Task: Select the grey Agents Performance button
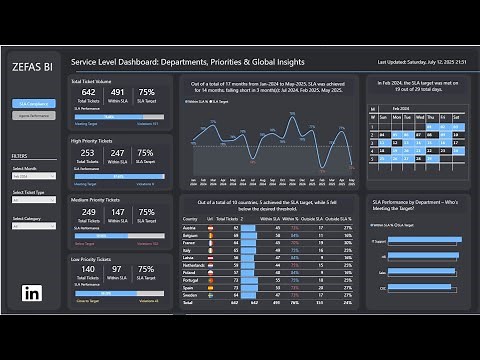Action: point(33,116)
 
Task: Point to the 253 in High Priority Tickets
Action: point(87,153)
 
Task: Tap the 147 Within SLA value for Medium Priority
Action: point(117,212)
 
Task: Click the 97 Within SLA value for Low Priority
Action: point(117,270)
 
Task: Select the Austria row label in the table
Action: point(191,228)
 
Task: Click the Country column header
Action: point(190,218)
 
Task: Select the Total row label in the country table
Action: point(189,303)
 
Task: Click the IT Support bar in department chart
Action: point(415,241)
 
